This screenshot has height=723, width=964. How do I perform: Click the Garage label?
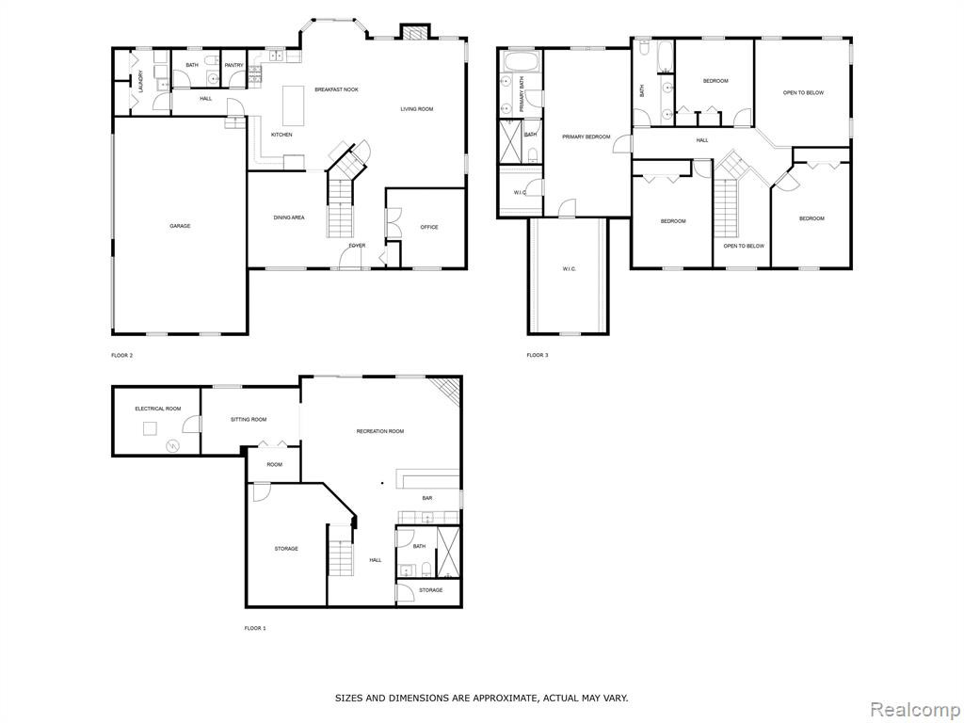click(180, 226)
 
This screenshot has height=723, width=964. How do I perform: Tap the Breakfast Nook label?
click(336, 89)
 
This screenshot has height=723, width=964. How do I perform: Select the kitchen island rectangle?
click(294, 105)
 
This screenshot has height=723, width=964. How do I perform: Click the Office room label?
click(429, 228)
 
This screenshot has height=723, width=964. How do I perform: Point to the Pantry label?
click(234, 65)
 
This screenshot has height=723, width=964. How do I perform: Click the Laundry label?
click(141, 82)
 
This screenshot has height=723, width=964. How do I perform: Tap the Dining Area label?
click(289, 217)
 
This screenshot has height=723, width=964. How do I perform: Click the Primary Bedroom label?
click(586, 137)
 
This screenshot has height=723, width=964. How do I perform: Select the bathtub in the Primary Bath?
click(522, 61)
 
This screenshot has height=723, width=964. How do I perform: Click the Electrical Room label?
click(158, 409)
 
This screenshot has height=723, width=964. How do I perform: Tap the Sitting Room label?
click(249, 419)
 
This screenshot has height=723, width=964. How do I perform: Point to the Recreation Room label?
click(380, 431)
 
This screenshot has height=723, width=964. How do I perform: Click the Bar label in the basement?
click(426, 498)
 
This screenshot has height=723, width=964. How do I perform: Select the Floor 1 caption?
click(255, 628)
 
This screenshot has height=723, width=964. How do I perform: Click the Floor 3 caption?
click(538, 355)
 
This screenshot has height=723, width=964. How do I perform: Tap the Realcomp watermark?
click(915, 710)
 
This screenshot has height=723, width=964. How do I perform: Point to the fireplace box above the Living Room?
click(414, 31)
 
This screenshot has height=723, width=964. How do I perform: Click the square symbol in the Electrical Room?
click(151, 428)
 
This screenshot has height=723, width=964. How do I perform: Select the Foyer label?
click(357, 246)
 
